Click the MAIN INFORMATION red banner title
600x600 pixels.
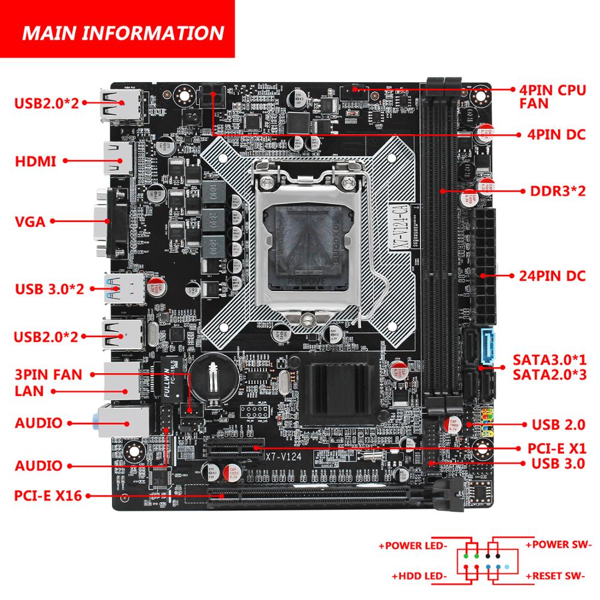(122, 32)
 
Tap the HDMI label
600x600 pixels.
(35, 161)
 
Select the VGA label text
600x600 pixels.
(31, 221)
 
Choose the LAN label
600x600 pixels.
(29, 391)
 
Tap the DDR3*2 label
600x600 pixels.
(557, 191)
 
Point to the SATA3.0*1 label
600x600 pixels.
(549, 360)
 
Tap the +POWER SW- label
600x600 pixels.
(558, 545)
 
